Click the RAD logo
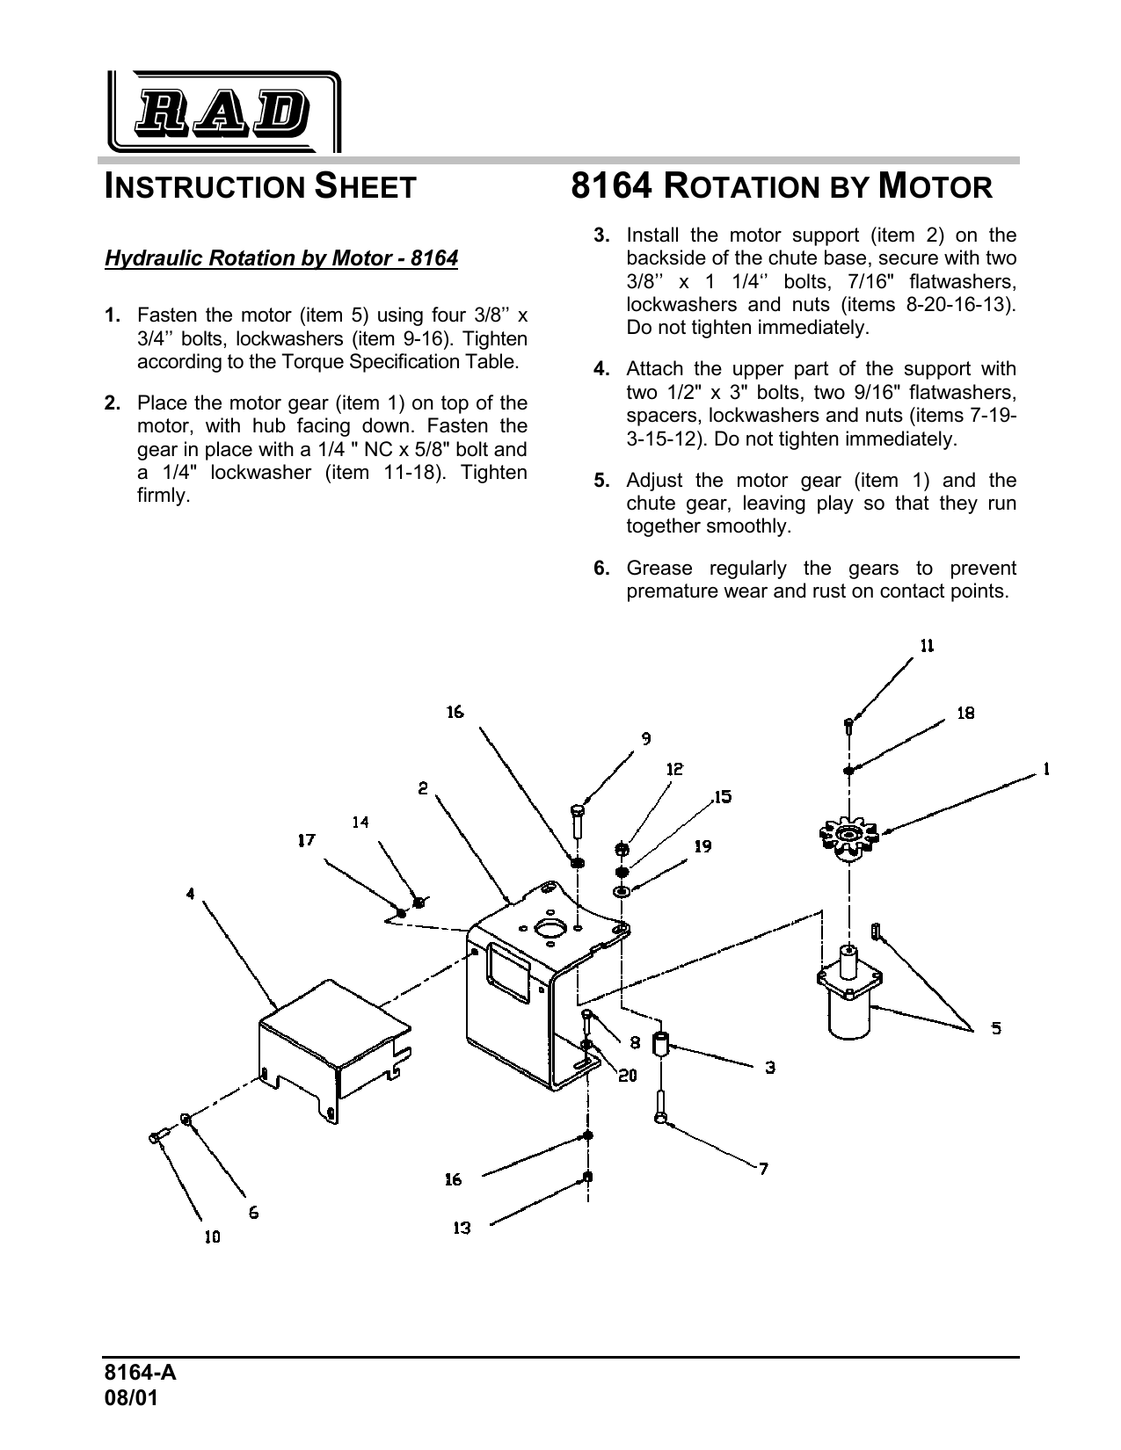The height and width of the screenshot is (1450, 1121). pos(223,112)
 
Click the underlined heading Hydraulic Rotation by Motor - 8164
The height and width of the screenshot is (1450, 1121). pos(281,258)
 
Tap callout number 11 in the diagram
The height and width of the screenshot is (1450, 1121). pos(927,646)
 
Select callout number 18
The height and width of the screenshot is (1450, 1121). pos(965,713)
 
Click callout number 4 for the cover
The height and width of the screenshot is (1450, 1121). pos(190,894)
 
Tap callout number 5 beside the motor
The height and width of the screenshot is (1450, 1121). pos(995,1027)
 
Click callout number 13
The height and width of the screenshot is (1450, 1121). pos(462,1228)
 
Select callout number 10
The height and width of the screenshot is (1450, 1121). pos(212,1236)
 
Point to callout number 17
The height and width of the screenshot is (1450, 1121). pos(305,840)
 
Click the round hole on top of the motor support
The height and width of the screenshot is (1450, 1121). pos(552,930)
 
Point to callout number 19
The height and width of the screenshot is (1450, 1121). pos(702,846)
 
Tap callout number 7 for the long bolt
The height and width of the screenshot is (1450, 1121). pos(764,1168)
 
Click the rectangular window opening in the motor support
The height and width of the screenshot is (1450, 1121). pos(507,972)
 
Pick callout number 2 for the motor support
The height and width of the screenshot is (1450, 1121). pos(423,788)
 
